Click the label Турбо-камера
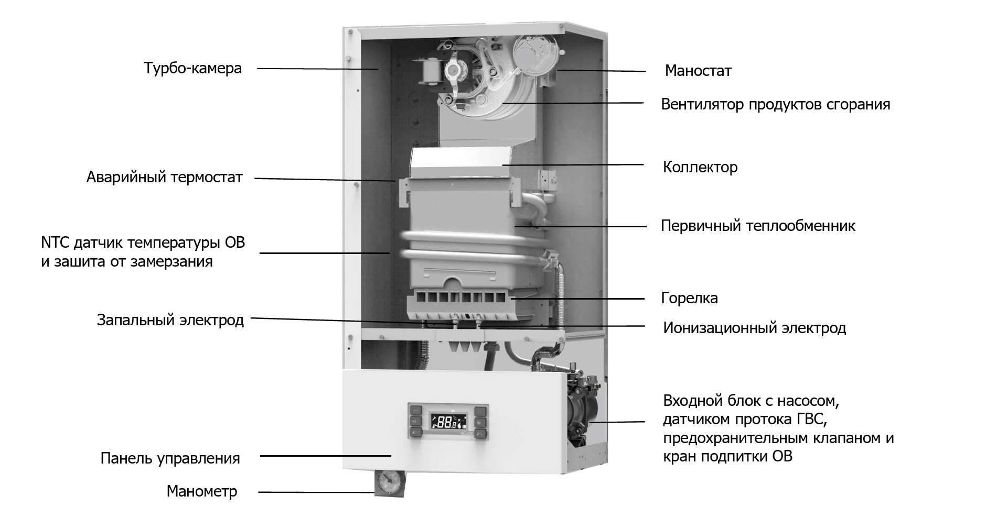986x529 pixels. tap(192, 68)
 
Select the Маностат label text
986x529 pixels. tap(698, 71)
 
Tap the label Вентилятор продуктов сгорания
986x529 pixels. tap(775, 104)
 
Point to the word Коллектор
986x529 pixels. tap(700, 167)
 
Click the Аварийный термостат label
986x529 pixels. tap(164, 177)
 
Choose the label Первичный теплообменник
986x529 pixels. tap(757, 226)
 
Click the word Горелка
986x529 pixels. tap(689, 298)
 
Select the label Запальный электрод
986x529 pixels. tap(170, 319)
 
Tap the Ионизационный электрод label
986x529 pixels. tap(754, 328)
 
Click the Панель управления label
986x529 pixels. tap(170, 458)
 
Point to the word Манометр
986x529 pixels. tap(201, 491)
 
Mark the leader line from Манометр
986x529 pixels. tap(315, 492)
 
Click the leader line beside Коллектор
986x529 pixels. tap(572, 164)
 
